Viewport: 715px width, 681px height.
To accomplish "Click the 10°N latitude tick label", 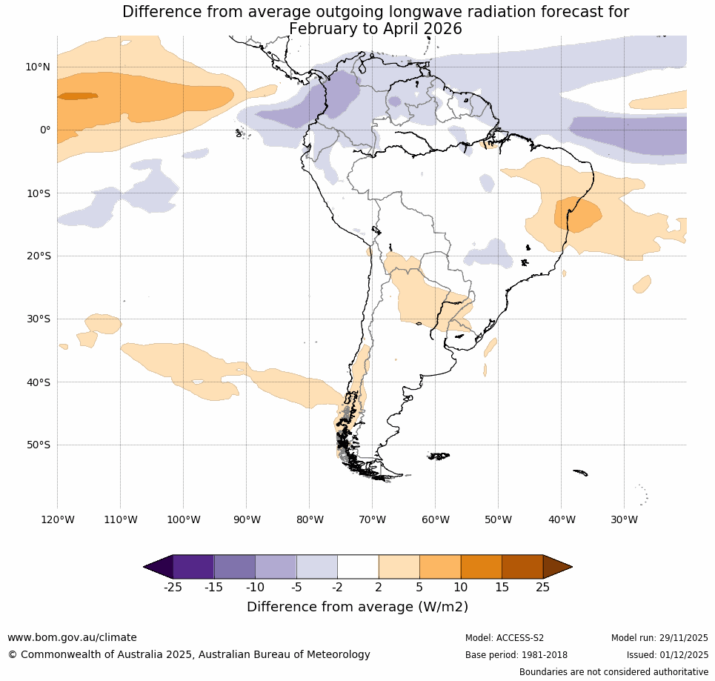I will pyautogui.click(x=38, y=67).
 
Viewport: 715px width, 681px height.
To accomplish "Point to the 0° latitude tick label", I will pyautogui.click(x=45, y=130).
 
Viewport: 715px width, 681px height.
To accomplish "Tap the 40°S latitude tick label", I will pyautogui.click(x=38, y=382).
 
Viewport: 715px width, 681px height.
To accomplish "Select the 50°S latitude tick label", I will pyautogui.click(x=38, y=445).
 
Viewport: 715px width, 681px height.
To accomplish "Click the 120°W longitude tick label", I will pyautogui.click(x=57, y=519).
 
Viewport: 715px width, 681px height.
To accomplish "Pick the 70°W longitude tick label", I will pyautogui.click(x=372, y=519).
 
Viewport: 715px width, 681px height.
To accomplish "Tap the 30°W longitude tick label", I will pyautogui.click(x=624, y=519).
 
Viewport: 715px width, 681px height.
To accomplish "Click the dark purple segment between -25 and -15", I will pyautogui.click(x=193, y=567).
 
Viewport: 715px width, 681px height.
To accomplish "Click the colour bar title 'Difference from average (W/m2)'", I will pyautogui.click(x=357, y=607).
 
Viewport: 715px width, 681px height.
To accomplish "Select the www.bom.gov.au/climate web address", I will pyautogui.click(x=72, y=637).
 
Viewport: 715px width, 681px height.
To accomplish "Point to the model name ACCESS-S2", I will pyautogui.click(x=519, y=638).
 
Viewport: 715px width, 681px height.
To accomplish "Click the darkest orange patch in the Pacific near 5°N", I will pyautogui.click(x=78, y=96).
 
